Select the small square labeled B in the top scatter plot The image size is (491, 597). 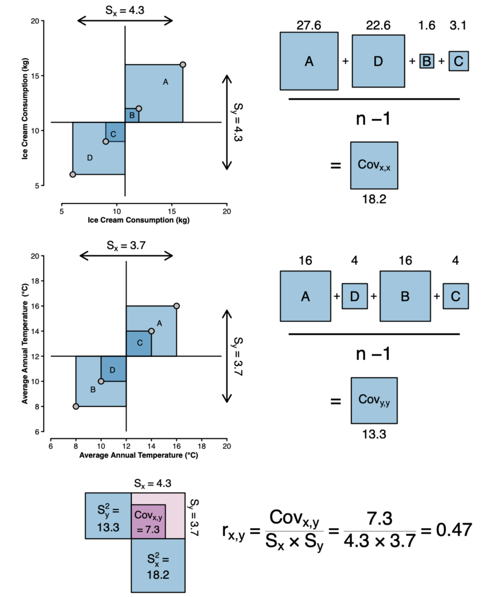(x=132, y=115)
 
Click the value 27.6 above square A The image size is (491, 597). (x=309, y=25)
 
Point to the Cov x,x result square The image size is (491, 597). (x=374, y=165)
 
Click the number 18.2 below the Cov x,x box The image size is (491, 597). (x=374, y=198)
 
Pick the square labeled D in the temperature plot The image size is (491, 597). (x=113, y=368)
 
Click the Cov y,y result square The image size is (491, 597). (x=374, y=400)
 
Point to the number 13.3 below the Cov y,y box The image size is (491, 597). (x=374, y=434)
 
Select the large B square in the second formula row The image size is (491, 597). (x=405, y=296)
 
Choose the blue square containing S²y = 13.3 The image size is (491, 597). (x=108, y=515)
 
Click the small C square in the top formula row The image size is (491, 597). (x=458, y=61)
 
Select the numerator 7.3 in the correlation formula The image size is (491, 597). (x=379, y=518)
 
